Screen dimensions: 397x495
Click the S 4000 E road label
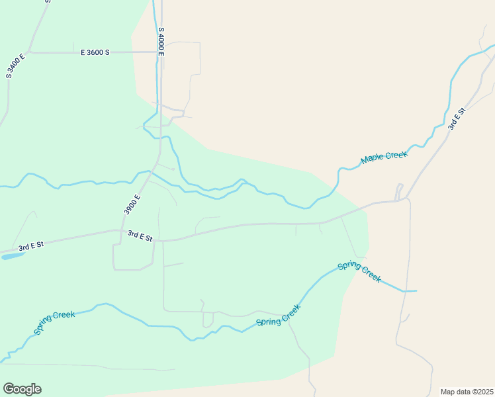coord(161,41)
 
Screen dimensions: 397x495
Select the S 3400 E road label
coord(16,66)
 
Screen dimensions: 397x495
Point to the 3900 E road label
coord(132,204)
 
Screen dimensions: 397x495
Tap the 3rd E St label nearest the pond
coord(30,246)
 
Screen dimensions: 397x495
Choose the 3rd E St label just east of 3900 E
coord(140,235)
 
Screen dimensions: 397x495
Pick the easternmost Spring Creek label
coord(359,272)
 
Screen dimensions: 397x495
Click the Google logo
coord(22,389)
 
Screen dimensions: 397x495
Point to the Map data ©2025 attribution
coord(467,392)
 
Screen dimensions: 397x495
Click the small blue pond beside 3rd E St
coord(12,255)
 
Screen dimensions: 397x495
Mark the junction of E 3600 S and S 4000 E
coord(159,52)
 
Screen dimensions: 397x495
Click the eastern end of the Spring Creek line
coord(416,290)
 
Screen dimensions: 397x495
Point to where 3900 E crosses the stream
coord(150,172)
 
